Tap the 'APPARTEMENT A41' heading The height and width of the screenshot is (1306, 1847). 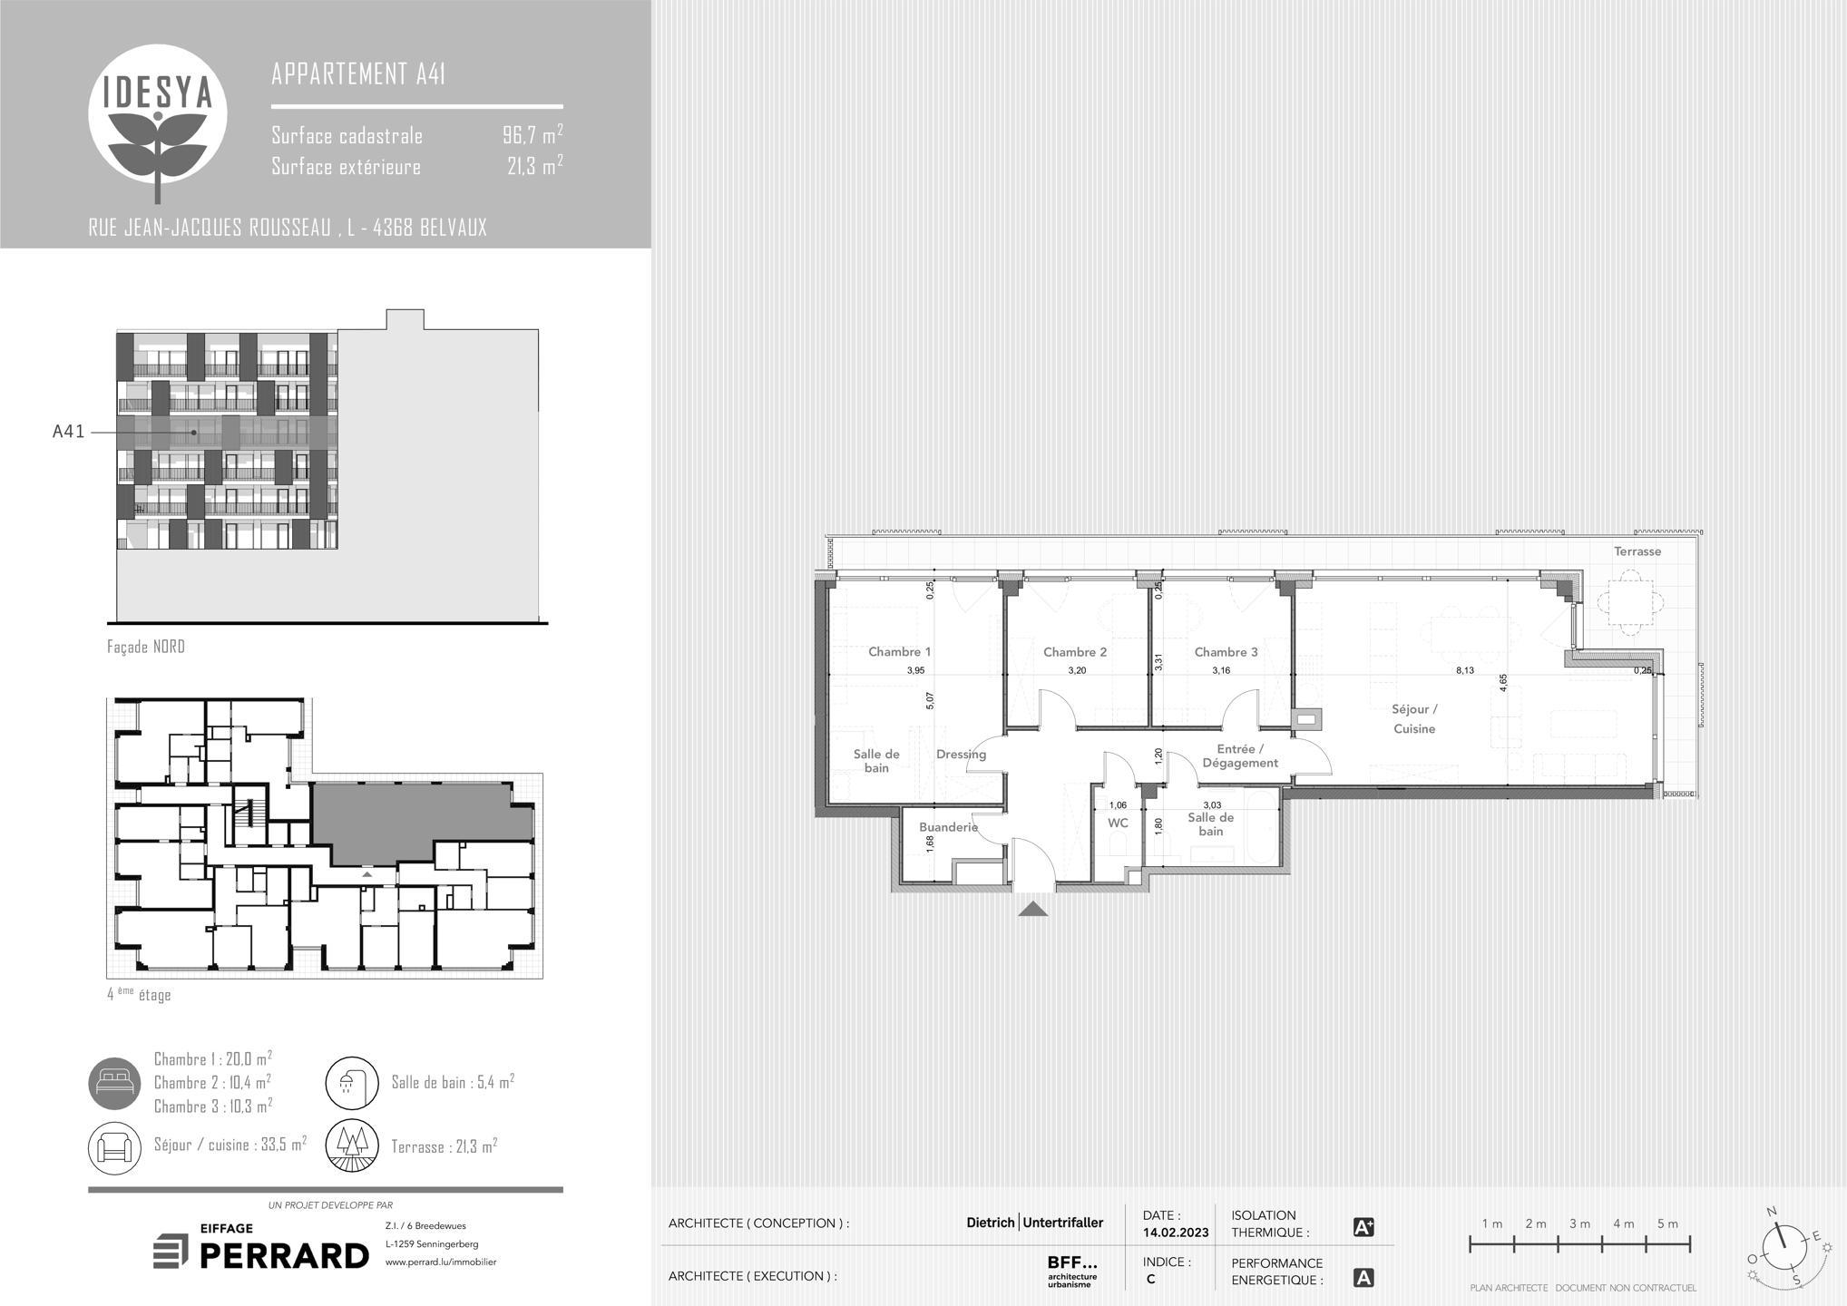pyautogui.click(x=358, y=73)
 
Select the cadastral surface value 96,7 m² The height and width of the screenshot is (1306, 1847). pyautogui.click(x=533, y=135)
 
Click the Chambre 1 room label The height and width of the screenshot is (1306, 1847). pyautogui.click(x=899, y=651)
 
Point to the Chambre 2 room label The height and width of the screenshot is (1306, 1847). pyautogui.click(x=1075, y=651)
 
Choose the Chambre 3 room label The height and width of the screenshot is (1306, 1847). pyautogui.click(x=1226, y=651)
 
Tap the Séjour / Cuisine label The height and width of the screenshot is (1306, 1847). pyautogui.click(x=1414, y=718)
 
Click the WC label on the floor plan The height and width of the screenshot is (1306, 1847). pyautogui.click(x=1118, y=823)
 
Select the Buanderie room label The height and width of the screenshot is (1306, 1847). pyautogui.click(x=948, y=827)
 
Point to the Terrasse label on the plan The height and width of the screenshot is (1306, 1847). pyautogui.click(x=1637, y=551)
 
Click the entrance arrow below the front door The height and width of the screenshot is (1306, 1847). pyautogui.click(x=1033, y=909)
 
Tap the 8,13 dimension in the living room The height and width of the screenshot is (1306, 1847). pyautogui.click(x=1465, y=670)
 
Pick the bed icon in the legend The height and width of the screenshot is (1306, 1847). pyautogui.click(x=115, y=1083)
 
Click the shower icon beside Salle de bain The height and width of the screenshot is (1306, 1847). pyautogui.click(x=352, y=1083)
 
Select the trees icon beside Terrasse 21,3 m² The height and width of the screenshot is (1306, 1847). pyautogui.click(x=352, y=1146)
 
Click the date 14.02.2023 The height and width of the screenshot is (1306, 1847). pyautogui.click(x=1176, y=1233)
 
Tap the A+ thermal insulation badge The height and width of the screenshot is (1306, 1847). pyautogui.click(x=1363, y=1227)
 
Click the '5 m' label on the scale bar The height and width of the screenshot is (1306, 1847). pyautogui.click(x=1667, y=1223)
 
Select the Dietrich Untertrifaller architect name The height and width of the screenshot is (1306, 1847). pyautogui.click(x=1035, y=1223)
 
